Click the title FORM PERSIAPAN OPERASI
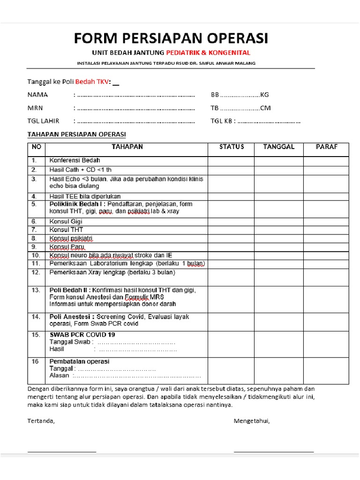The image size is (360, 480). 171,37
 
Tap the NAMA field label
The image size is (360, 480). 38,95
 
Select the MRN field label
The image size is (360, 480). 35,108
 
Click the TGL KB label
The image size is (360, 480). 223,121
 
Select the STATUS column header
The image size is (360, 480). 232,147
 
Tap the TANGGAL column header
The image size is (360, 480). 278,147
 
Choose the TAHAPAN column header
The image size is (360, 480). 127,147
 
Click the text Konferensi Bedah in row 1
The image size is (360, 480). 72,161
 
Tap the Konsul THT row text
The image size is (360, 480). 66,230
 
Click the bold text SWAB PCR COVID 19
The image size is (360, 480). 82,335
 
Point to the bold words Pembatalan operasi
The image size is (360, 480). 79,362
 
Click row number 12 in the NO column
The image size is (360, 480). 36,272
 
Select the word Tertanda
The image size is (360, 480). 41,420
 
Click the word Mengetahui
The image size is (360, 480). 251,420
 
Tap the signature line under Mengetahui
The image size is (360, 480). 274,452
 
